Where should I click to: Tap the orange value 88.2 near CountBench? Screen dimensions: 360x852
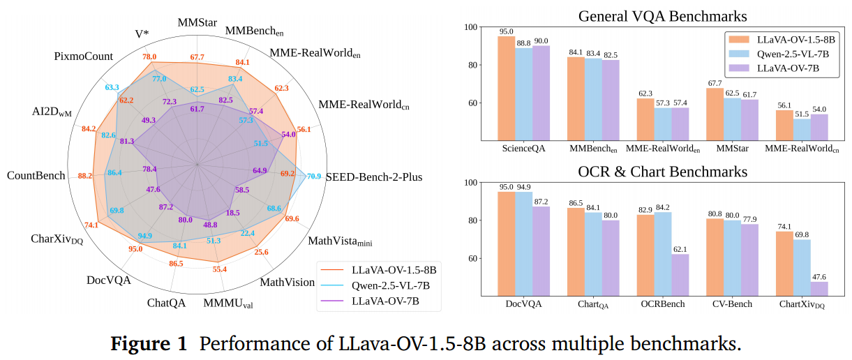pos(85,176)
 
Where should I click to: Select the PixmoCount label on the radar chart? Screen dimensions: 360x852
pos(84,55)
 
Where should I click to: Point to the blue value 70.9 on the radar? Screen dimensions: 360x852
pos(314,176)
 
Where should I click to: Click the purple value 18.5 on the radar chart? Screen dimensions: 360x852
pos(232,213)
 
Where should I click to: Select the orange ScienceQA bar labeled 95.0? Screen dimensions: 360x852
pos(507,88)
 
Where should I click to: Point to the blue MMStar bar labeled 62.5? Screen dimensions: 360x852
pos(732,119)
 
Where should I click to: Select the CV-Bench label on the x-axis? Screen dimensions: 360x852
pos(731,304)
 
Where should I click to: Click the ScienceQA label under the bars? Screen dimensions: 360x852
pos(523,149)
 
